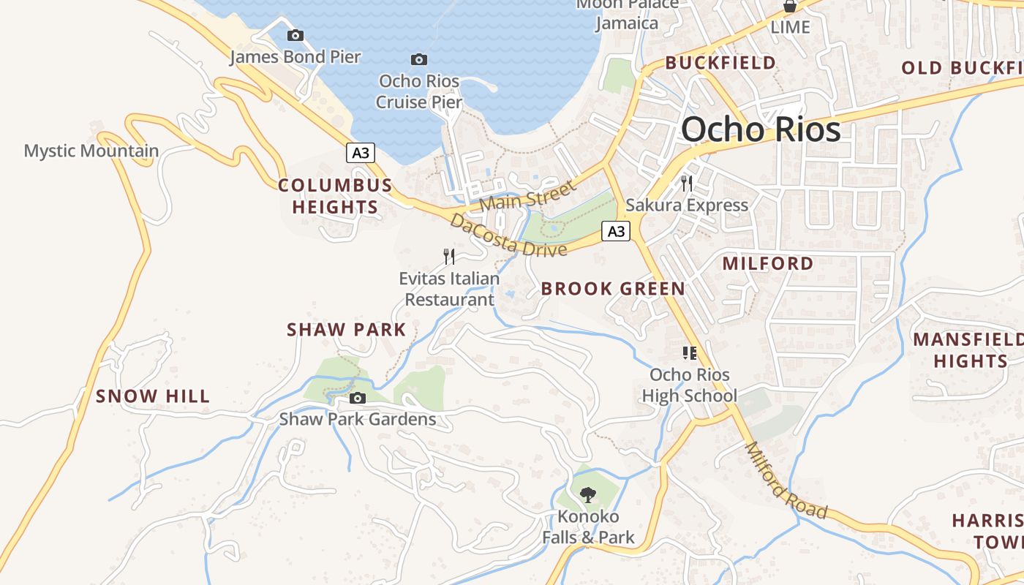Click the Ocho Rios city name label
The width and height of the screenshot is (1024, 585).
click(761, 130)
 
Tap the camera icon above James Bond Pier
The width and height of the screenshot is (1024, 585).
click(295, 35)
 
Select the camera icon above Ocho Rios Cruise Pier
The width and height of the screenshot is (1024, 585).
click(419, 59)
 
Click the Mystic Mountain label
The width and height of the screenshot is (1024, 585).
click(91, 151)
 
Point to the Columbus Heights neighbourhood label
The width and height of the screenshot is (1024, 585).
click(335, 196)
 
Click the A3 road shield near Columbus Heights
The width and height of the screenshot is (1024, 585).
click(361, 153)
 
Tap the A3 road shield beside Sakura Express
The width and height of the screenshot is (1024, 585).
click(616, 231)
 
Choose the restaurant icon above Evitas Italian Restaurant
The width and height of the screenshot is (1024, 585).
click(449, 256)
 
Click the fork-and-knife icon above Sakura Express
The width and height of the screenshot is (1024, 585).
click(686, 183)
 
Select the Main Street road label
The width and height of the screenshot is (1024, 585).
click(528, 195)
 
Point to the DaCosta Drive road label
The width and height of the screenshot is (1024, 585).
click(508, 235)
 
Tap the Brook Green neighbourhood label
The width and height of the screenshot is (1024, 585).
click(613, 289)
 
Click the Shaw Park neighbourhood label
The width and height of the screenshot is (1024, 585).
click(346, 330)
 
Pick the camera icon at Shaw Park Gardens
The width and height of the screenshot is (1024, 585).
click(358, 398)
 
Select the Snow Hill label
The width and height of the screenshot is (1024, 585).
click(153, 396)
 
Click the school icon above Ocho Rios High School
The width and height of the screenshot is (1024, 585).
click(689, 354)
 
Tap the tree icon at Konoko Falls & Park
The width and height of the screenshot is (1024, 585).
click(587, 495)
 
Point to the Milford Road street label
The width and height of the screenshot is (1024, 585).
click(786, 481)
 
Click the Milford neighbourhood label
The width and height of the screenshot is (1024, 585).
click(768, 263)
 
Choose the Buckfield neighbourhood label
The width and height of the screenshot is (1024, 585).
click(720, 63)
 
